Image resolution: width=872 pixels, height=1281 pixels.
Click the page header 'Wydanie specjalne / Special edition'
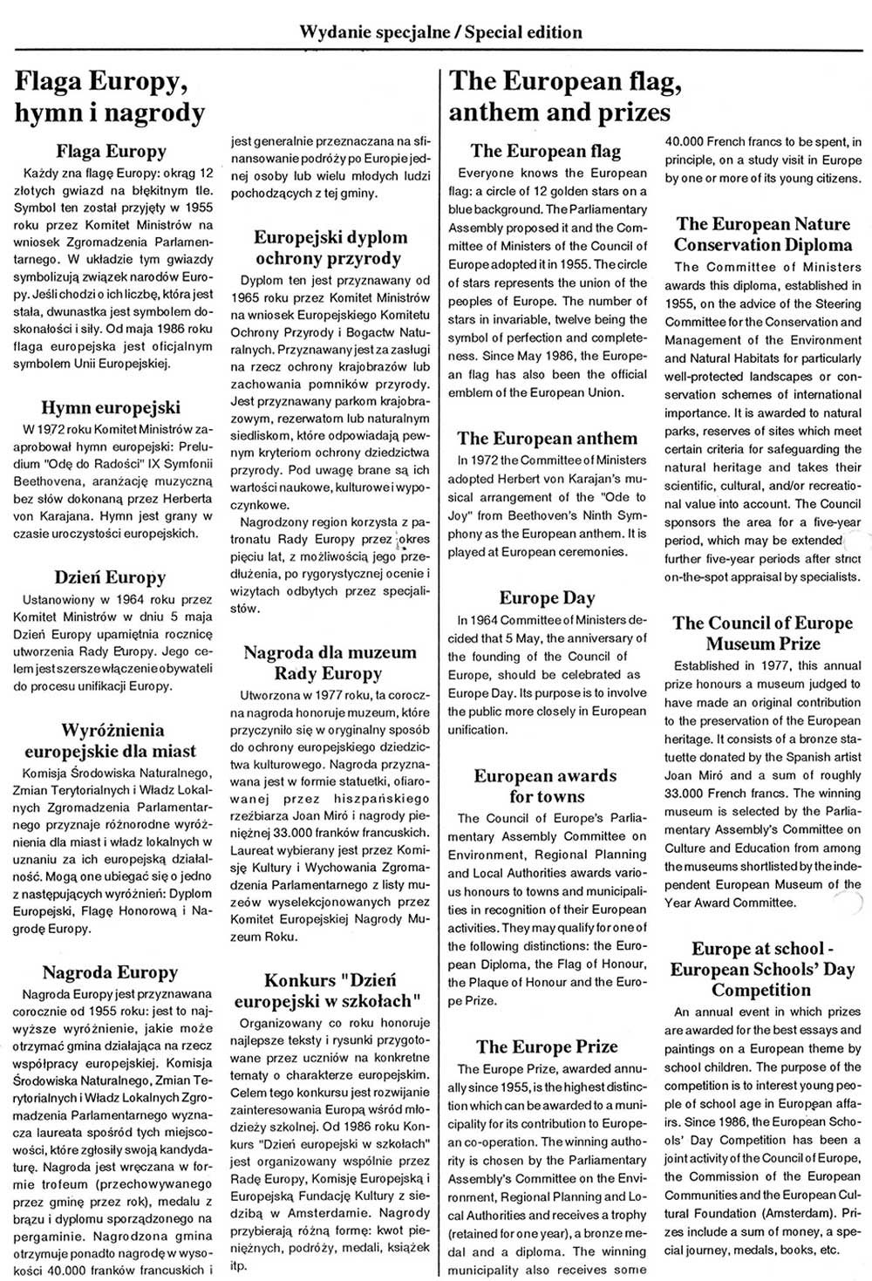pyautogui.click(x=440, y=32)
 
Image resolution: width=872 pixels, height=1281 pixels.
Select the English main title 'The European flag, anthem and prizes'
pyautogui.click(x=564, y=97)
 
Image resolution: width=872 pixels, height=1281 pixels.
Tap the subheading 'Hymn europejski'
pyautogui.click(x=111, y=407)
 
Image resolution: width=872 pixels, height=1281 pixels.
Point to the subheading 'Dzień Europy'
pyautogui.click(x=110, y=577)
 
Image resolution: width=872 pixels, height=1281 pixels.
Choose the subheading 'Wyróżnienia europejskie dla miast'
pyautogui.click(x=110, y=740)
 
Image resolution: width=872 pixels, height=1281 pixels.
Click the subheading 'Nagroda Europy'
pyautogui.click(x=110, y=972)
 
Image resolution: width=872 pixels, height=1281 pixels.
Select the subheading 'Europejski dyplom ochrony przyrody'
pyautogui.click(x=330, y=248)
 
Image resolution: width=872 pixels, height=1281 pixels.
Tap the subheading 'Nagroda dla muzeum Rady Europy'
pyautogui.click(x=330, y=663)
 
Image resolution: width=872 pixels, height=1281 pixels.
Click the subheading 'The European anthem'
pyautogui.click(x=547, y=438)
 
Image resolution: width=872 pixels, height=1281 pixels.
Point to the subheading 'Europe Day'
pyautogui.click(x=547, y=597)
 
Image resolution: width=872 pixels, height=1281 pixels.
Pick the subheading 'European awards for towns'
pyautogui.click(x=545, y=786)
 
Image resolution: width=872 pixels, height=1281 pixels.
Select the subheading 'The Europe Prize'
pyautogui.click(x=547, y=1046)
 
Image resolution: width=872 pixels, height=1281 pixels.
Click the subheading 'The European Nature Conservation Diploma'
pyautogui.click(x=763, y=235)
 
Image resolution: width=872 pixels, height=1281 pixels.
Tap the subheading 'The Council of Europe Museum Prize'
pyautogui.click(x=763, y=633)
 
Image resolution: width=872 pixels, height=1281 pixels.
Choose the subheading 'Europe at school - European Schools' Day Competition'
pyautogui.click(x=763, y=969)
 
